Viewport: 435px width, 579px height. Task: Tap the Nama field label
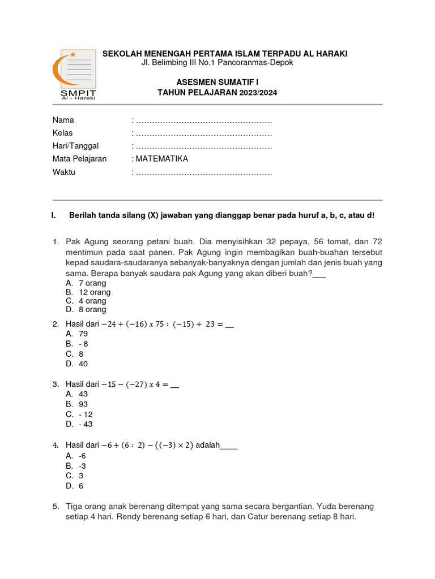pos(63,120)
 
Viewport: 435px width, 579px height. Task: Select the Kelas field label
pos(63,133)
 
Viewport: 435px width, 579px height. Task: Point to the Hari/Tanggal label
pos(75,146)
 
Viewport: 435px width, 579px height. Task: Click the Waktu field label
pos(64,172)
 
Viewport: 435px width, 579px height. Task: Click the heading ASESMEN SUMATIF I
pos(217,82)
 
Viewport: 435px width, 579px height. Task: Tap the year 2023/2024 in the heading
pos(258,93)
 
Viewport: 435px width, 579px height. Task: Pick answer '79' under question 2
pos(83,334)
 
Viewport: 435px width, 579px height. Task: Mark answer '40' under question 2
pos(83,364)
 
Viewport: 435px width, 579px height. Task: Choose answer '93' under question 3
pos(83,404)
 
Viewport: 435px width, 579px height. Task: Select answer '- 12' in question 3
pos(86,414)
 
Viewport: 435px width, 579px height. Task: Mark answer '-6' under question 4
pos(82,455)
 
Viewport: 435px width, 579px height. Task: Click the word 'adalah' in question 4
pos(207,445)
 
